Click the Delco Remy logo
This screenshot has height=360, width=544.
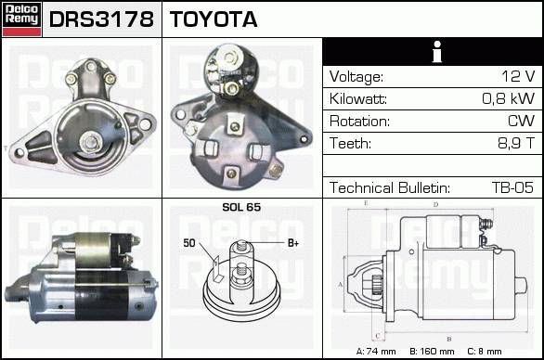(22, 19)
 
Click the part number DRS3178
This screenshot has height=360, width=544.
(101, 19)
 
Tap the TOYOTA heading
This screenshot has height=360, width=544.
(214, 19)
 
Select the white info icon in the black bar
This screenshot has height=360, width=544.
(437, 52)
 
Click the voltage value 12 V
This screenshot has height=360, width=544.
(518, 76)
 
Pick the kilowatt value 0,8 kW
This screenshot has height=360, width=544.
(509, 99)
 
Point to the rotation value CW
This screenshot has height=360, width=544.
(521, 121)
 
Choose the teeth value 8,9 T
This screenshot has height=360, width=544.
(516, 143)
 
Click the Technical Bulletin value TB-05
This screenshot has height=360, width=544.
(512, 187)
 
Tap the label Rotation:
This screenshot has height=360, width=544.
(359, 122)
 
